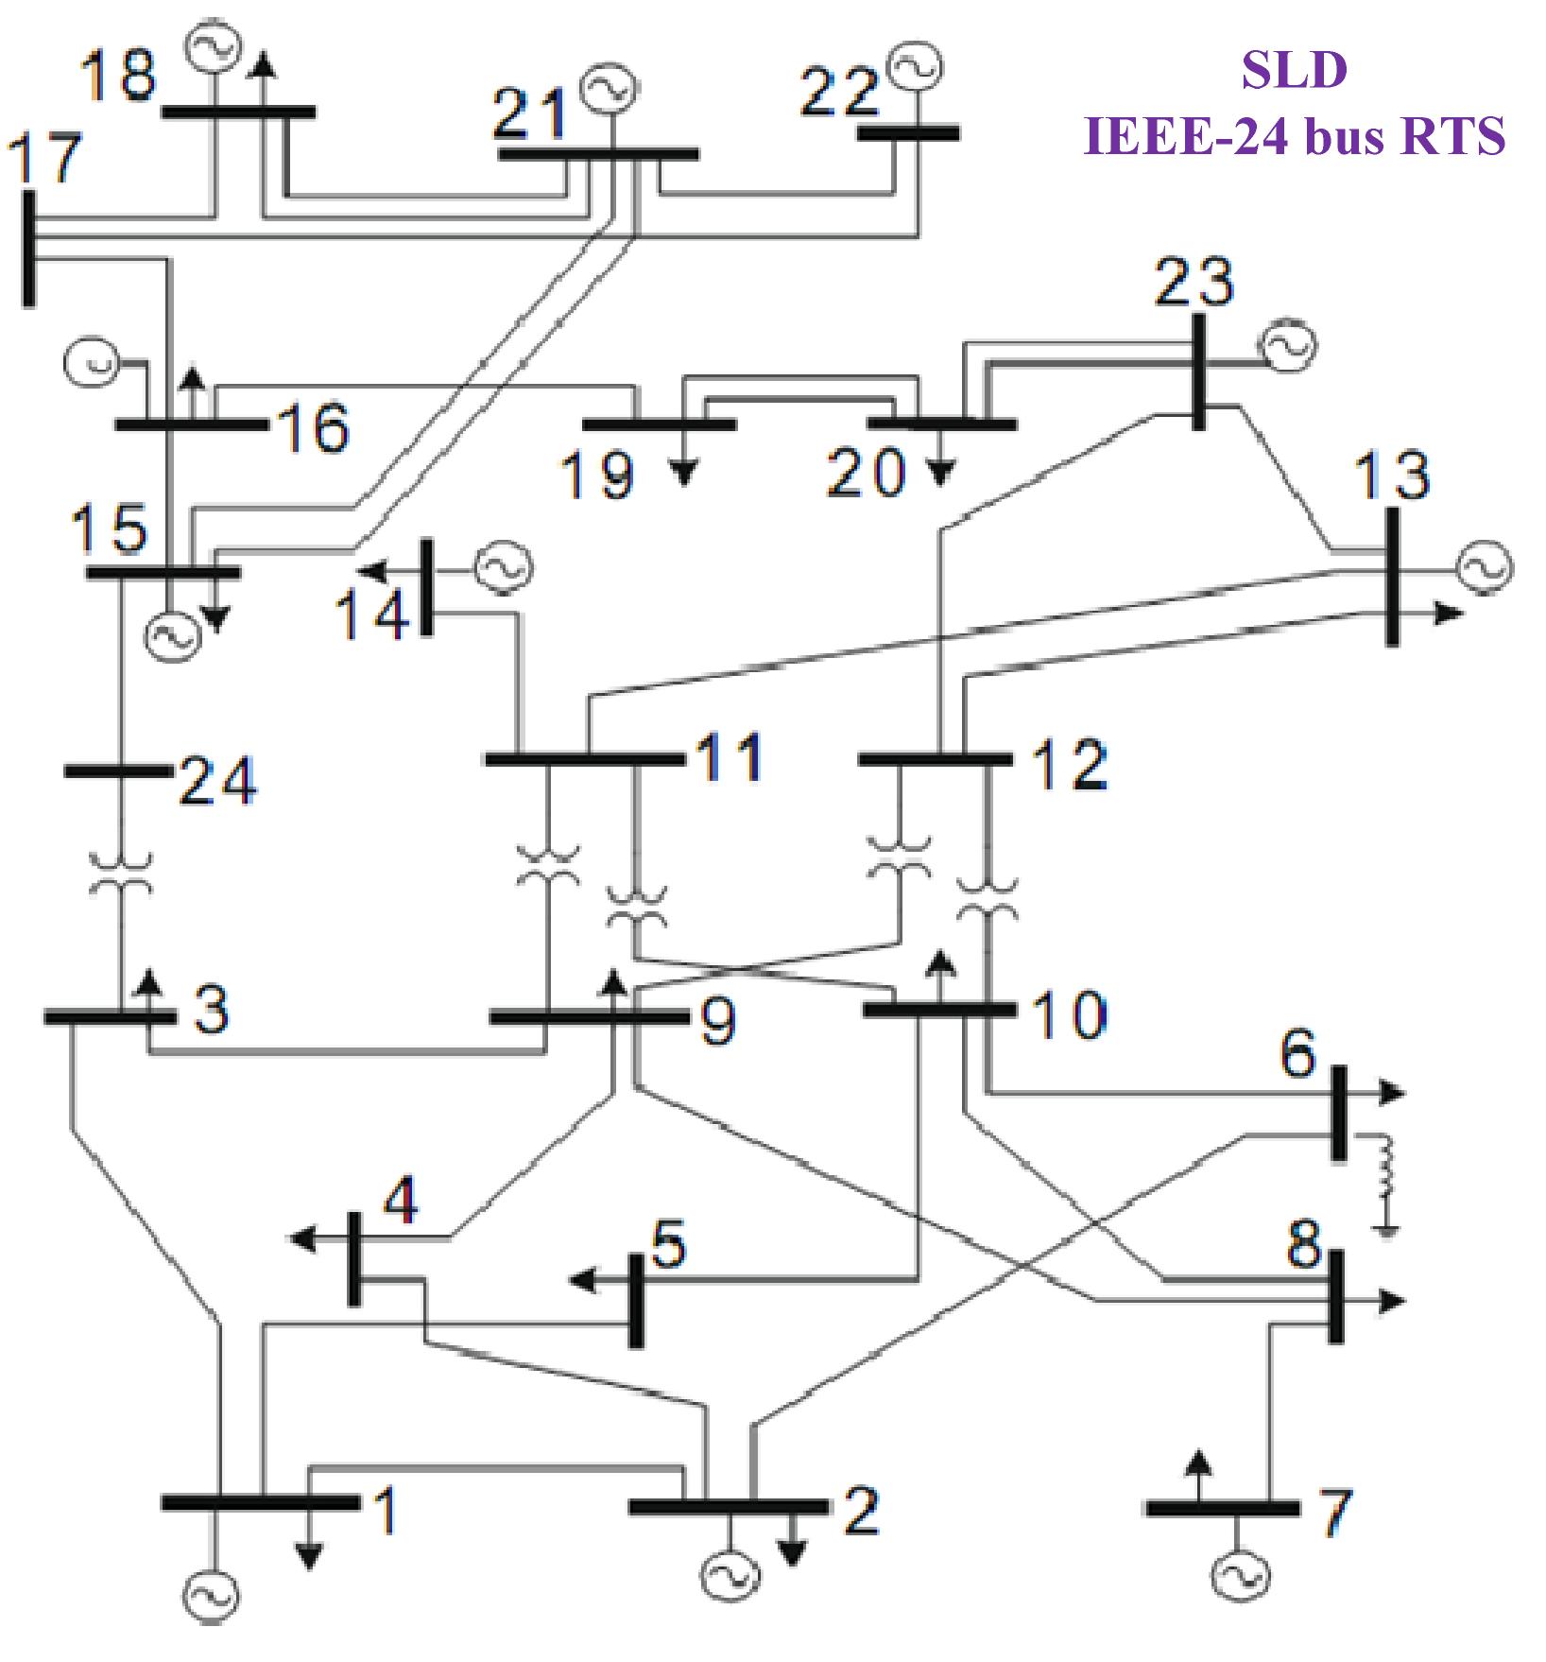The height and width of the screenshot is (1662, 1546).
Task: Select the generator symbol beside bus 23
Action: (1288, 346)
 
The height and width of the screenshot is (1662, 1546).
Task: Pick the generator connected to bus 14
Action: (503, 567)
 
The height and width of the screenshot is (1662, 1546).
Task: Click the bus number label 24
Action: (218, 782)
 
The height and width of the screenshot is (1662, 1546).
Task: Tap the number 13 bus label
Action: (1392, 475)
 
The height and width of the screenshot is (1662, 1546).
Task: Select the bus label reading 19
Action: (597, 475)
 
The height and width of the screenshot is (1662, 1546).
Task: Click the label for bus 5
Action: (668, 1244)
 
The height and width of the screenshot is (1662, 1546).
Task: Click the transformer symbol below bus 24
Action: (120, 874)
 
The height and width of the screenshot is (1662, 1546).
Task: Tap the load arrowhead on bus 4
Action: (302, 1238)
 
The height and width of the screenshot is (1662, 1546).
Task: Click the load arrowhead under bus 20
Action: (938, 473)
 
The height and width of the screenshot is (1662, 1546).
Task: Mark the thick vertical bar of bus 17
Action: (29, 249)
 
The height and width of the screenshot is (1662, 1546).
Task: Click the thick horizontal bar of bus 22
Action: (908, 133)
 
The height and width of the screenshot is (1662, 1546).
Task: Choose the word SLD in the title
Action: (1294, 70)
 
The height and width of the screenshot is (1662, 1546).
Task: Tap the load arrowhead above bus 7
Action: (1197, 1462)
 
